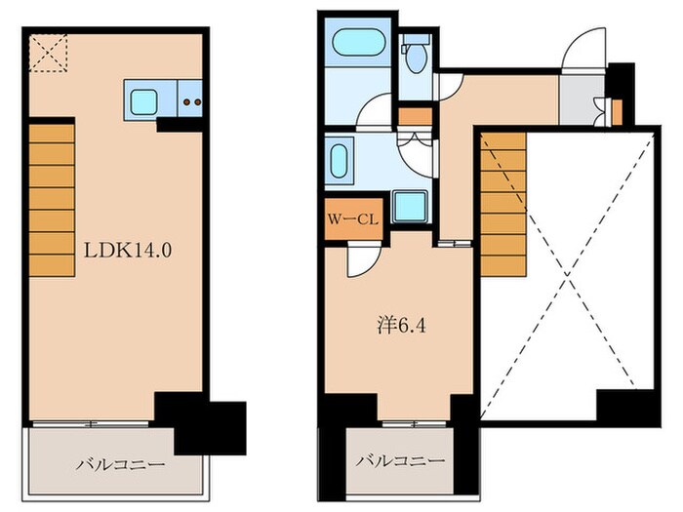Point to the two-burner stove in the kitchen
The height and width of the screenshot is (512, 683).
[192, 99]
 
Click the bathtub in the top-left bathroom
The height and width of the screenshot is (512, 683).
[357, 45]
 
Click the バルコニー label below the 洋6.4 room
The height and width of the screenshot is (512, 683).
[399, 460]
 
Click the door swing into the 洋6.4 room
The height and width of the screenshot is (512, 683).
[361, 257]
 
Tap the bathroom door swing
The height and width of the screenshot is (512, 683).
[375, 115]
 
